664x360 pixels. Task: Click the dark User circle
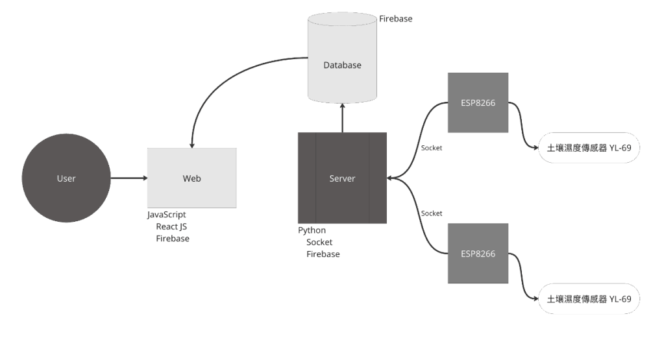pyautogui.click(x=66, y=178)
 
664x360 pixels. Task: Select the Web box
pyautogui.click(x=191, y=178)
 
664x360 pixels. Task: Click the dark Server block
pyautogui.click(x=342, y=178)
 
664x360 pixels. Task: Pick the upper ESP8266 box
pyautogui.click(x=478, y=102)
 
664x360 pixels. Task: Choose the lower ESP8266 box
pyautogui.click(x=478, y=254)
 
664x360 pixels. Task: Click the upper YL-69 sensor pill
pyautogui.click(x=589, y=148)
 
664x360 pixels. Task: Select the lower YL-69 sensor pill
pyautogui.click(x=589, y=299)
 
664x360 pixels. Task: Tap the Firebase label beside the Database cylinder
pyautogui.click(x=395, y=19)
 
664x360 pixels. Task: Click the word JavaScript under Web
pyautogui.click(x=167, y=214)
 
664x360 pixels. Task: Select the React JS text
pyautogui.click(x=171, y=226)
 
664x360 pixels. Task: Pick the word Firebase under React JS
pyautogui.click(x=173, y=239)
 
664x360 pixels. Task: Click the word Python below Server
pyautogui.click(x=312, y=230)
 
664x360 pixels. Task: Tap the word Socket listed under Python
pyautogui.click(x=319, y=242)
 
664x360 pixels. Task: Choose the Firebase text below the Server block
pyautogui.click(x=323, y=254)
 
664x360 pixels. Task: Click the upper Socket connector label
pyautogui.click(x=432, y=148)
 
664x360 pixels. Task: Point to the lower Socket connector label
pyautogui.click(x=432, y=213)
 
